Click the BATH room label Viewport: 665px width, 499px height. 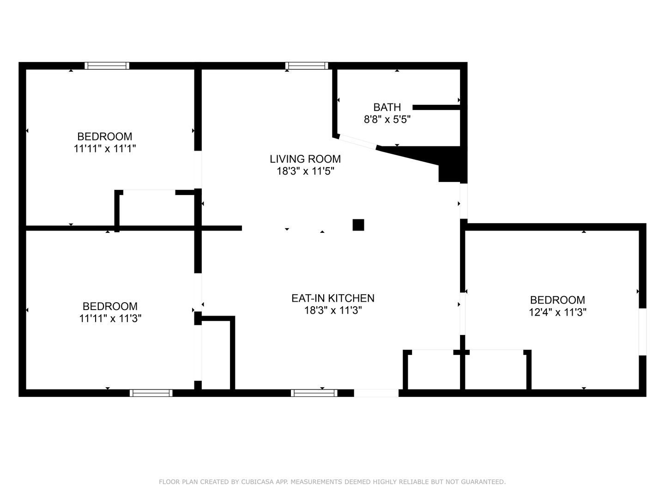click(x=387, y=107)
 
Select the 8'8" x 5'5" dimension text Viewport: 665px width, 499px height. click(x=387, y=120)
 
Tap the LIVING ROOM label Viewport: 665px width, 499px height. click(x=305, y=159)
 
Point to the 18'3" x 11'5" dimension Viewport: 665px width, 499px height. click(x=305, y=171)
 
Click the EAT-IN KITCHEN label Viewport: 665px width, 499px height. click(x=332, y=298)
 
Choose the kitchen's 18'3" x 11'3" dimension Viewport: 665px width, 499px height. click(x=332, y=310)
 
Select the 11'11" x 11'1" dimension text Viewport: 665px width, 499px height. click(x=105, y=149)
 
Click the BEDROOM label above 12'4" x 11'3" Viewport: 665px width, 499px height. click(x=557, y=300)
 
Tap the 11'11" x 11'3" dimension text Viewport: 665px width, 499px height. click(x=110, y=318)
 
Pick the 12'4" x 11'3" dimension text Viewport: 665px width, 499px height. click(x=557, y=312)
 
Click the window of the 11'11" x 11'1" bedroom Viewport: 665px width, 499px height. click(x=107, y=66)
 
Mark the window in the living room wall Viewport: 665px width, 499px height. click(x=307, y=66)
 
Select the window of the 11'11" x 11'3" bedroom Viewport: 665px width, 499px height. click(x=151, y=393)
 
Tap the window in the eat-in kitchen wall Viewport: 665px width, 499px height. click(x=314, y=393)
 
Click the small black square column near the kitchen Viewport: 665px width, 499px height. click(x=358, y=225)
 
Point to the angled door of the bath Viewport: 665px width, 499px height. click(x=357, y=142)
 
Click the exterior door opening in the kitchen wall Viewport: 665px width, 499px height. click(x=376, y=393)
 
